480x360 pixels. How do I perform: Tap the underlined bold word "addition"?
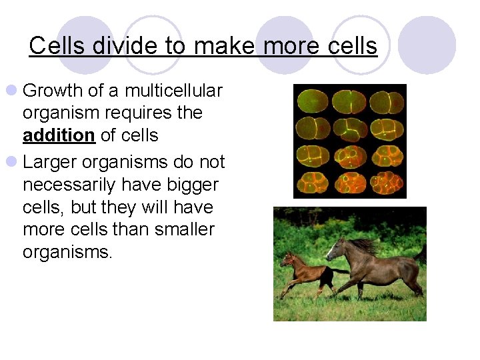(x=59, y=135)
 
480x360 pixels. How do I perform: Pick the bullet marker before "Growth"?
(x=12, y=91)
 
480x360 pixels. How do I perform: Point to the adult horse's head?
(x=337, y=249)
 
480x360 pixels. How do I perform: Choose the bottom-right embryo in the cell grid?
(x=387, y=182)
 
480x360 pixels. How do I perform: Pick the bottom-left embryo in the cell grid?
(x=311, y=182)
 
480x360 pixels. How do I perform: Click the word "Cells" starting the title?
(x=57, y=46)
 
